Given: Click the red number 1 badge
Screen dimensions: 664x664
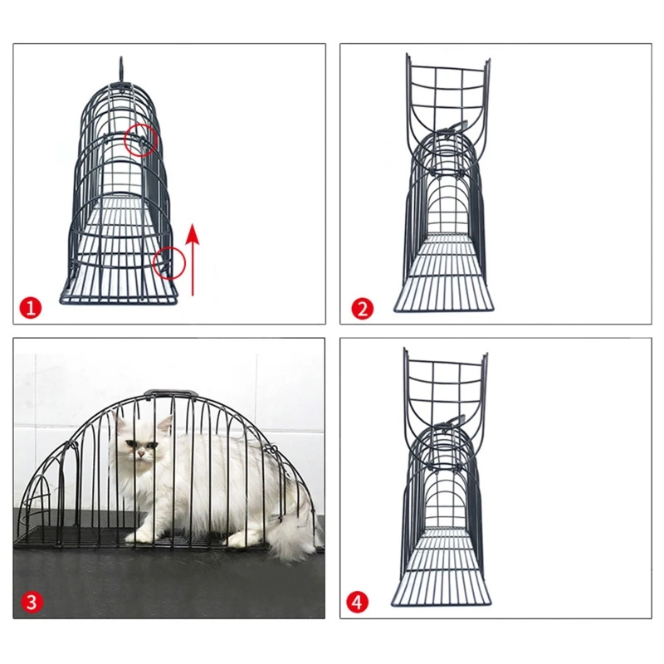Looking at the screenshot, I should coord(31,309).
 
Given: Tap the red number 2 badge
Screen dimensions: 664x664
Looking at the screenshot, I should coord(363,309).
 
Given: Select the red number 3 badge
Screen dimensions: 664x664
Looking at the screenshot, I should coord(31,602).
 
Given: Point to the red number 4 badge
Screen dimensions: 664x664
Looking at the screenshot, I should coord(358,602).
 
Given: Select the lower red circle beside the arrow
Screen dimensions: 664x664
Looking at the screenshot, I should coord(169,263).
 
